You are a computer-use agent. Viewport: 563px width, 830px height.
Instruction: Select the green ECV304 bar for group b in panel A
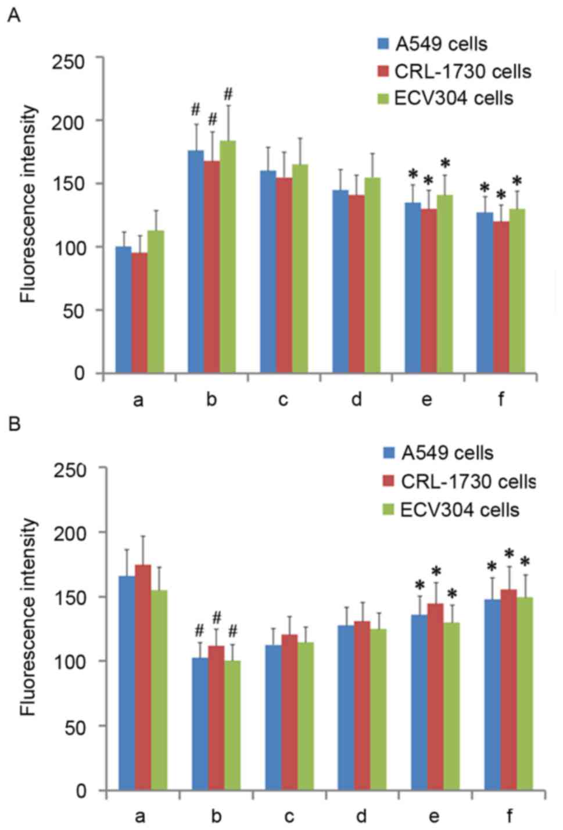point(228,256)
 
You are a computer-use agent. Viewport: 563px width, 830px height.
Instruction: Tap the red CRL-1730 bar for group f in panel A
point(501,296)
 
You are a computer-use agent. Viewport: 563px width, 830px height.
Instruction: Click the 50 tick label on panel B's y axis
point(76,726)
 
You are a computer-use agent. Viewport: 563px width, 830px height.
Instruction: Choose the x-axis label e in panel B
point(435,816)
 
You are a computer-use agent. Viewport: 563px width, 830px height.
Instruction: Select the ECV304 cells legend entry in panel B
point(451,510)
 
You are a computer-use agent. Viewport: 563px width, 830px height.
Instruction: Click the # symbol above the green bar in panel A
point(228,93)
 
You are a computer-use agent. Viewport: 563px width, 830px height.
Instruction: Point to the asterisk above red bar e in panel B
point(436,573)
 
